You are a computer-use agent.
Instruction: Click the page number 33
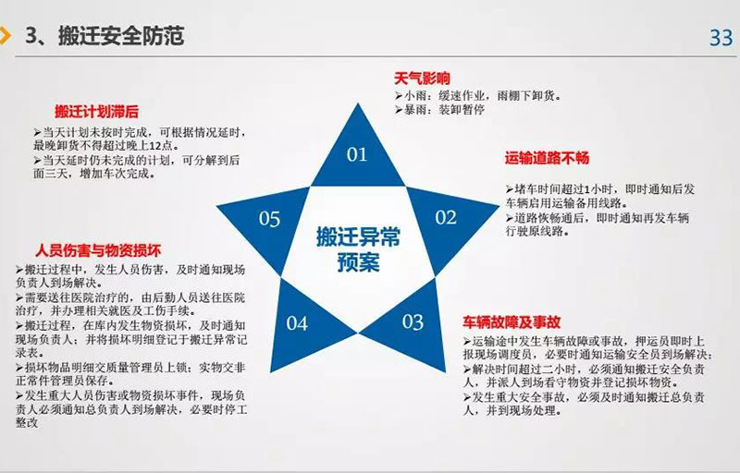pos(721,38)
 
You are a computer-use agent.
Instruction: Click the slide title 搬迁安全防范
pos(121,36)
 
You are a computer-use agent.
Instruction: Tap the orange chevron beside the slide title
pos(6,36)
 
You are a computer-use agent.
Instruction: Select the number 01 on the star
pos(357,154)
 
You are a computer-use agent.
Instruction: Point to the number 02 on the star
pos(446,218)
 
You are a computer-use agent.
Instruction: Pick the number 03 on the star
pos(413,322)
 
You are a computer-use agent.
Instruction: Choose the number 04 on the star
pos(297,323)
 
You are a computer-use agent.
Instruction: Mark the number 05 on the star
pos(269,219)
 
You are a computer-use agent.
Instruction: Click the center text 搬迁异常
pos(358,236)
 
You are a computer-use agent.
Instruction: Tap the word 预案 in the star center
pos(358,262)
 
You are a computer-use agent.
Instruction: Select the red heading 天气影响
pos(423,79)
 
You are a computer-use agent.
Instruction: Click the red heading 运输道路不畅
pos(547,158)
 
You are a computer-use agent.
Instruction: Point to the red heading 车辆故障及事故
pos(512,322)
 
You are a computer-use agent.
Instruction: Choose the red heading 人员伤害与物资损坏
pos(98,250)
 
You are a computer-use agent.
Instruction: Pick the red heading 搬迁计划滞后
pos(96,112)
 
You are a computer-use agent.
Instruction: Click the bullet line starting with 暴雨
pos(440,110)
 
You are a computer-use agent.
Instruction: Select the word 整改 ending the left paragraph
pos(27,422)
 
